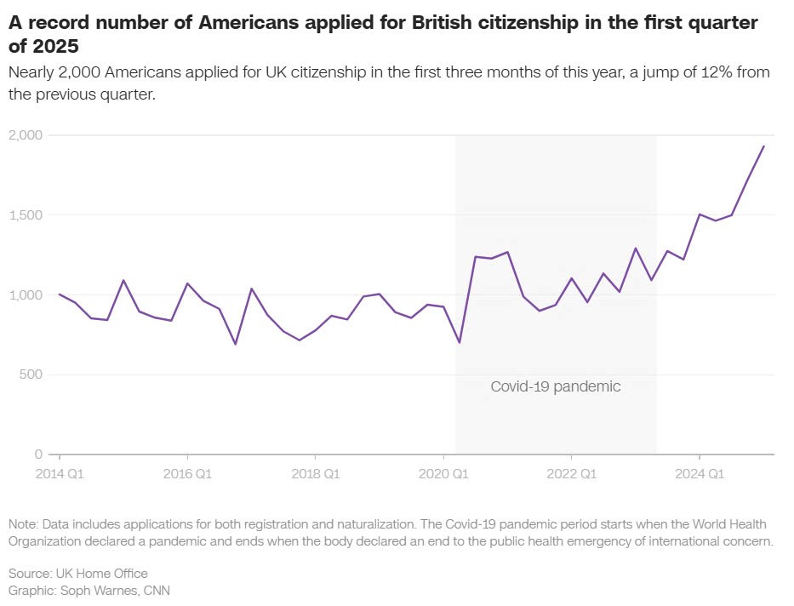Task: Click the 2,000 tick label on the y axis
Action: (x=26, y=135)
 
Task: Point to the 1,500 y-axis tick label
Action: (x=26, y=215)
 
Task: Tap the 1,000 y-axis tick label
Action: (x=26, y=295)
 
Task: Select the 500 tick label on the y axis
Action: (x=32, y=374)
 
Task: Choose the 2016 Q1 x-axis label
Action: (x=187, y=472)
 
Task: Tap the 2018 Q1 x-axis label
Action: (x=315, y=472)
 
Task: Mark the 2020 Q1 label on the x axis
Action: (x=443, y=472)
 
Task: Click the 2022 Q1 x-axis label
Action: (x=571, y=472)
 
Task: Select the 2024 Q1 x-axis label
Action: (x=699, y=472)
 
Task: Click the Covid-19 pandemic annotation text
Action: (x=556, y=386)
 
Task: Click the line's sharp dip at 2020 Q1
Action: (x=460, y=342)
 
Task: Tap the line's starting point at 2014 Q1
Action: (x=59, y=294)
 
